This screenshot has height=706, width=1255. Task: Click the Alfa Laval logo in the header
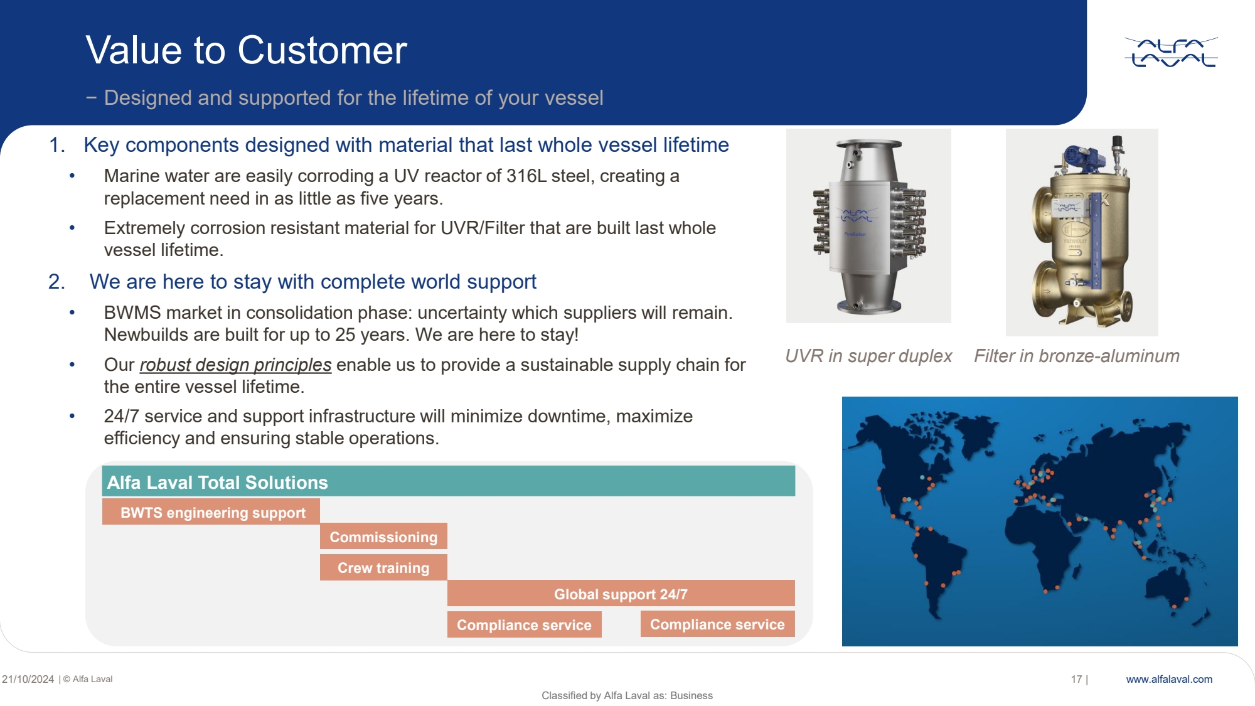(x=1171, y=52)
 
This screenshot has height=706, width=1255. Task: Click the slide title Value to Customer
(x=247, y=50)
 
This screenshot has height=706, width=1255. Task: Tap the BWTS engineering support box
(x=211, y=512)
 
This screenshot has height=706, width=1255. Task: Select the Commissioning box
(x=383, y=537)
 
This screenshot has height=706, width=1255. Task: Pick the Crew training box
(x=383, y=567)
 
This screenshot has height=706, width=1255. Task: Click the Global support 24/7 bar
(x=621, y=594)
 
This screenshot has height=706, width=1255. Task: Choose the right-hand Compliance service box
(x=718, y=624)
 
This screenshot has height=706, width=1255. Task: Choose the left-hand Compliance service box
(x=525, y=624)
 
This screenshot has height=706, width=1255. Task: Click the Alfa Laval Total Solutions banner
(x=449, y=481)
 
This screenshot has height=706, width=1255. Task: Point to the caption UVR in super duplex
(x=868, y=356)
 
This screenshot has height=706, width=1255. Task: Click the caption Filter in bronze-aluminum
(x=1077, y=356)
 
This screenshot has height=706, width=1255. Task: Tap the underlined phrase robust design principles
(x=235, y=365)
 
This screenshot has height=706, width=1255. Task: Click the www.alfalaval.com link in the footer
(x=1169, y=679)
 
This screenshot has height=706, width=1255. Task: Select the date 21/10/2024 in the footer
(x=28, y=679)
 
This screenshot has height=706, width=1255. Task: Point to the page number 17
(x=1077, y=679)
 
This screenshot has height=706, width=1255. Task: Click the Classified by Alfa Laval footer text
(x=627, y=695)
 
